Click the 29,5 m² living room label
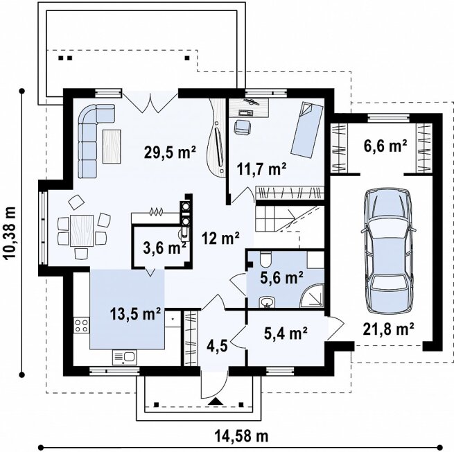tap(170, 152)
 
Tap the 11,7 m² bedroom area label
tap(262, 169)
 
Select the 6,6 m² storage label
tap(385, 146)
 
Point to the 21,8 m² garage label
tap(388, 329)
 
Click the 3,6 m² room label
tap(164, 247)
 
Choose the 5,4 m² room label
tap(286, 333)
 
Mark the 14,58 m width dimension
tap(241, 435)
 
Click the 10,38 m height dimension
tap(10, 233)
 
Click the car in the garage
tap(388, 250)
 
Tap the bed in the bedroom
tap(307, 130)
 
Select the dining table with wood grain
tap(82, 231)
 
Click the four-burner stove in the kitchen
tap(81, 325)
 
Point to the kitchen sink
tap(124, 357)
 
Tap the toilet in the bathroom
tap(265, 259)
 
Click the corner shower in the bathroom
tap(312, 295)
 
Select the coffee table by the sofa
tap(112, 146)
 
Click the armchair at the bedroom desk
tap(242, 128)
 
